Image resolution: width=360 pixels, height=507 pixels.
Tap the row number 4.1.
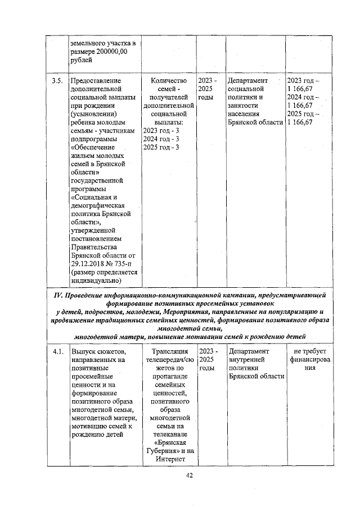point(56,351)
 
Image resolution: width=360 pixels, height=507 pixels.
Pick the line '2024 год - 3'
point(161,139)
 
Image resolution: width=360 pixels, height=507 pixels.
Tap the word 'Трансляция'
point(169,351)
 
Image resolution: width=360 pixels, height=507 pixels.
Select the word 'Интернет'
point(169,459)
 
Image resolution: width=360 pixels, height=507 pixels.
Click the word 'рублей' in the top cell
point(82,60)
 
